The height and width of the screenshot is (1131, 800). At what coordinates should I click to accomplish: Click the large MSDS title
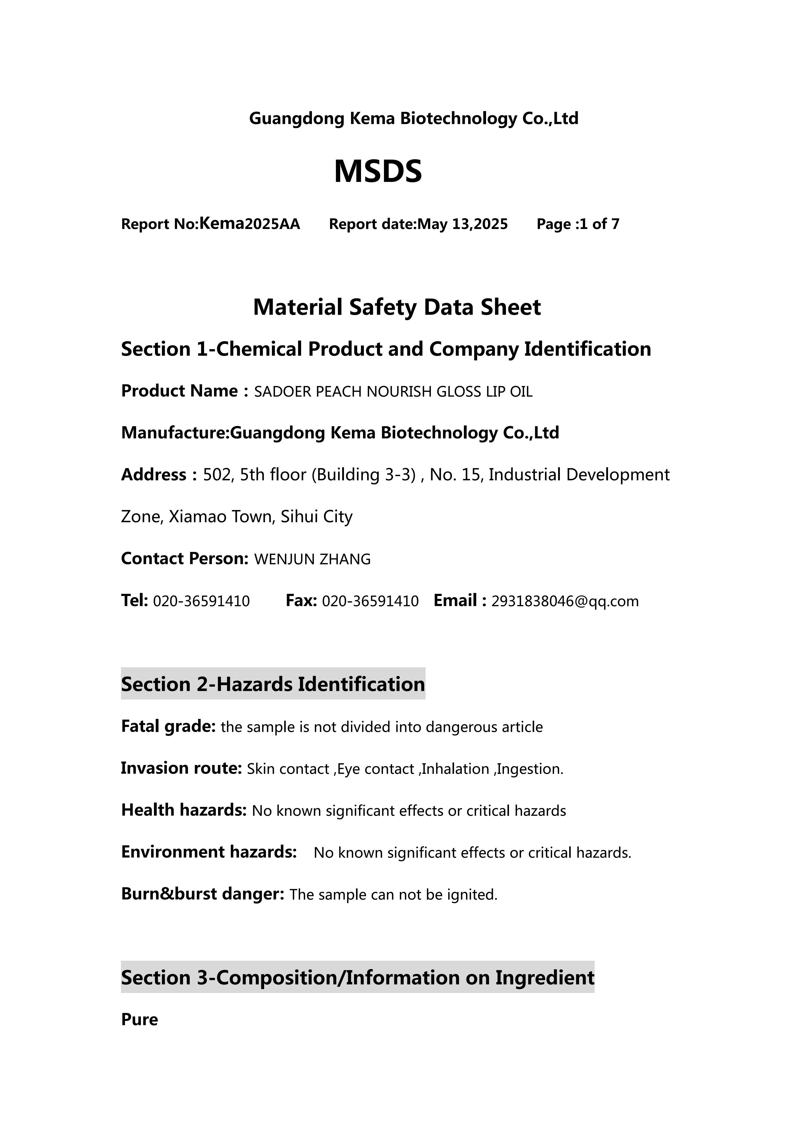point(378,172)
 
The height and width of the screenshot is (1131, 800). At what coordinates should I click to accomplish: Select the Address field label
point(154,475)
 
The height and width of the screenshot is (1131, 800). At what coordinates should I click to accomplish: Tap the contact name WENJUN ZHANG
point(312,559)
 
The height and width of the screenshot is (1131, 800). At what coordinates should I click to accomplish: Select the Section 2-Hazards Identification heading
point(273,684)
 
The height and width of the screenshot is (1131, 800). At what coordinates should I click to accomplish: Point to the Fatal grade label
point(168,726)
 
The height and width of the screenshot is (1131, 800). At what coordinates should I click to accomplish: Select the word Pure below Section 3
point(139,1020)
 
